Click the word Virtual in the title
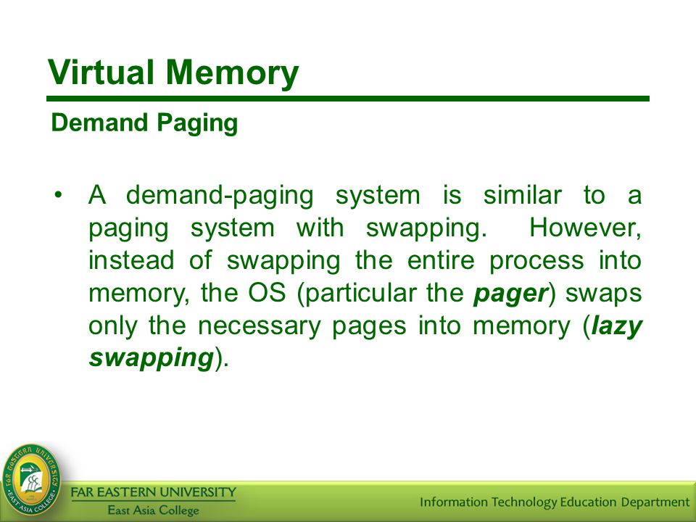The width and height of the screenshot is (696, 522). (x=101, y=72)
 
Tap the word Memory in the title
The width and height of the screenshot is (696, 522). (x=232, y=73)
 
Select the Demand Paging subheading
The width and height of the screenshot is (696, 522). (x=145, y=123)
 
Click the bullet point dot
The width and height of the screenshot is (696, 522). (x=58, y=195)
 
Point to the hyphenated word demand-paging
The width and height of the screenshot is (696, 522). (x=220, y=196)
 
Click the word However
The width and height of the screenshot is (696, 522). (x=586, y=228)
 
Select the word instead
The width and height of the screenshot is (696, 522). (x=131, y=260)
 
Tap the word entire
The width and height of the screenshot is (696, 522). (x=441, y=260)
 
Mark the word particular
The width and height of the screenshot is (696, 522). (x=357, y=294)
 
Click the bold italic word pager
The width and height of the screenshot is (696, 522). (x=510, y=294)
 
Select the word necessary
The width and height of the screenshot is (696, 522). (x=260, y=327)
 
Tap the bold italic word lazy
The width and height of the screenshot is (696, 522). (x=616, y=327)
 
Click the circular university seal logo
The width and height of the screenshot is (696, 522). (x=31, y=480)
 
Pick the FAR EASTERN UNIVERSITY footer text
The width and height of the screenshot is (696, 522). (x=154, y=492)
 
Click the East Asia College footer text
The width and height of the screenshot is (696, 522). (x=154, y=510)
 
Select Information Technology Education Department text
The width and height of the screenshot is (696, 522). (x=555, y=502)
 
